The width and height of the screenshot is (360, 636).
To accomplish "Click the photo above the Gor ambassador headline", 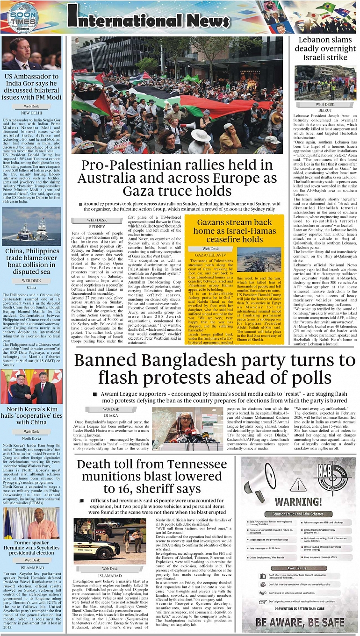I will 31,53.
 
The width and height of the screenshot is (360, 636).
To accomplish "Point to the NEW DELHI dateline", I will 31,113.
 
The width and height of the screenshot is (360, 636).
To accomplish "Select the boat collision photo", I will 31,227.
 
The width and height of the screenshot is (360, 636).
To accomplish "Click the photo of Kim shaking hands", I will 31,386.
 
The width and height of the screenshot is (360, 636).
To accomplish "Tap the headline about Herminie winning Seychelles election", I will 31,546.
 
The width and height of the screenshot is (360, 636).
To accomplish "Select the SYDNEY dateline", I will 97,226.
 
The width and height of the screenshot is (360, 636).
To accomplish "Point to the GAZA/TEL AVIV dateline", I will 210,256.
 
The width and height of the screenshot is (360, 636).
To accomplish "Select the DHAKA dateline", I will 111,415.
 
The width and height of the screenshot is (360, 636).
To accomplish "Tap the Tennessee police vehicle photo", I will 103,541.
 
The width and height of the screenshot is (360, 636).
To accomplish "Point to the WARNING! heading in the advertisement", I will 297,503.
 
